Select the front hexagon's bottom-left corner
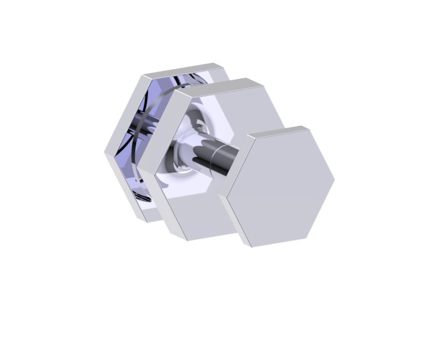(x=252, y=247)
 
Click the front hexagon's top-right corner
(x=308, y=127)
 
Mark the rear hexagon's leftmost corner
(x=105, y=153)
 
